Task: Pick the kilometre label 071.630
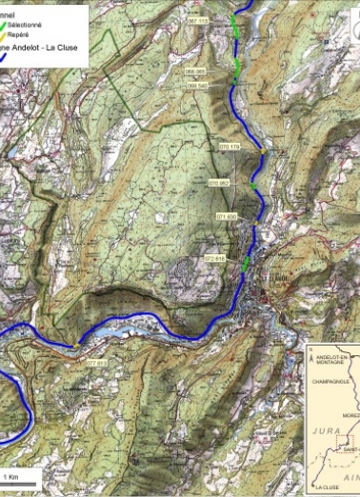(x=226, y=218)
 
